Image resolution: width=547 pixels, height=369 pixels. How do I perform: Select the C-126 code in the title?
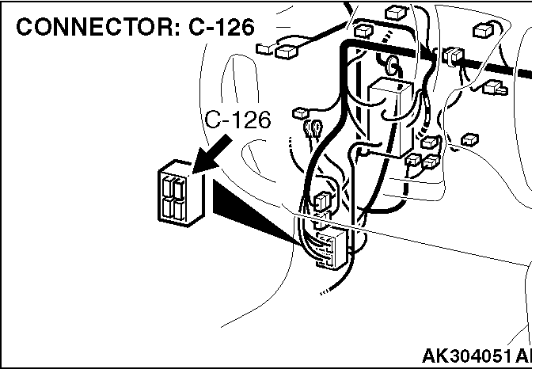222,27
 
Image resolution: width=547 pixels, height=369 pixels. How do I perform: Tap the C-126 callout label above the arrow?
237,120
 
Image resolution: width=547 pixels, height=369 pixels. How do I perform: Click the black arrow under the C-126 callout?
211,154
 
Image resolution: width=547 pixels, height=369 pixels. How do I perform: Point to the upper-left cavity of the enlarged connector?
166,188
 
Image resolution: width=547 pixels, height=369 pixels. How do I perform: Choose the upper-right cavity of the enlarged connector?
178,188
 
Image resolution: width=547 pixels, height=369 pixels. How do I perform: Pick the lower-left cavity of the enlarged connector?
167,207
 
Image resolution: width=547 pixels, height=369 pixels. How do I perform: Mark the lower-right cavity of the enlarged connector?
179,209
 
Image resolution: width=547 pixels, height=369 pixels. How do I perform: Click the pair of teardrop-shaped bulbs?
313,129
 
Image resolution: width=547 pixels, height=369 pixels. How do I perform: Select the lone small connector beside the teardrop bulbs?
300,113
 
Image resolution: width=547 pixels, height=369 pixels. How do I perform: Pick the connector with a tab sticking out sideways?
495,88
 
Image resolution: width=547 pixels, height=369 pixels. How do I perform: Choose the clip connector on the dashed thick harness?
453,55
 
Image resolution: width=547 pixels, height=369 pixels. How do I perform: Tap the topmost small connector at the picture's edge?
396,13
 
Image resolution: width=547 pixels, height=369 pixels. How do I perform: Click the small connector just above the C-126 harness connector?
324,201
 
